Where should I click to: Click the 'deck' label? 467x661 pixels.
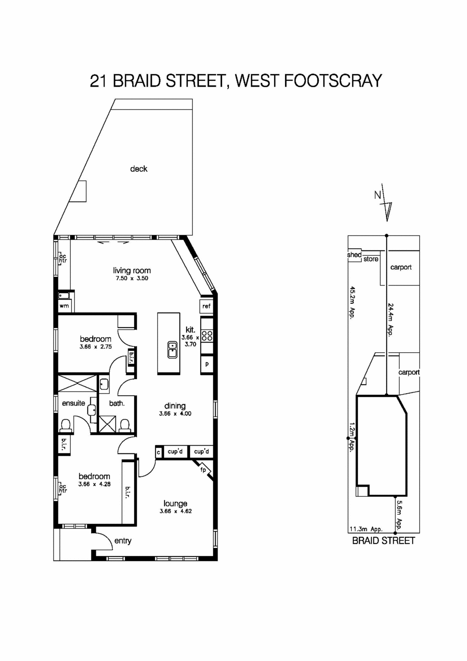[x=139, y=169]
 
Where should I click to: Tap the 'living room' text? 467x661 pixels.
[x=132, y=271]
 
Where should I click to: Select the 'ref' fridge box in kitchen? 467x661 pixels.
[x=207, y=306]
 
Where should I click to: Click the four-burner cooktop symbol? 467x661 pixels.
[x=207, y=336]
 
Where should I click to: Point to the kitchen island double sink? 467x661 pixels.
[x=172, y=349]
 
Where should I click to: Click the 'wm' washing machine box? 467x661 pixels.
[x=64, y=306]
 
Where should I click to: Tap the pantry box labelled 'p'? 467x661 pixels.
[x=207, y=364]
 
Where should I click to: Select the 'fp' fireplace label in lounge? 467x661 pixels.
[x=203, y=470]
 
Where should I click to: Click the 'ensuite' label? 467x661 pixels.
[x=73, y=403]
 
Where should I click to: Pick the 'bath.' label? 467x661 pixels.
[x=117, y=403]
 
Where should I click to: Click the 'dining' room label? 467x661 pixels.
[x=175, y=406]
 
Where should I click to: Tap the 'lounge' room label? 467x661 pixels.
[x=176, y=504]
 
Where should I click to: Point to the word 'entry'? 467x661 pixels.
[x=123, y=541]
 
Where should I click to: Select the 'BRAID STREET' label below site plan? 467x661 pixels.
[x=384, y=541]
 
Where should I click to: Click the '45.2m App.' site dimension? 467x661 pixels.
[x=352, y=302]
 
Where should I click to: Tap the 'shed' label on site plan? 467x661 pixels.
[x=354, y=255]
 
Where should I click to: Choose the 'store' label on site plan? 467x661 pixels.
[x=371, y=259]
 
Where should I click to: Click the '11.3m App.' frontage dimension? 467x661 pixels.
[x=366, y=529]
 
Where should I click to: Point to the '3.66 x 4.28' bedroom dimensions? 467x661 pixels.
[x=94, y=484]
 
